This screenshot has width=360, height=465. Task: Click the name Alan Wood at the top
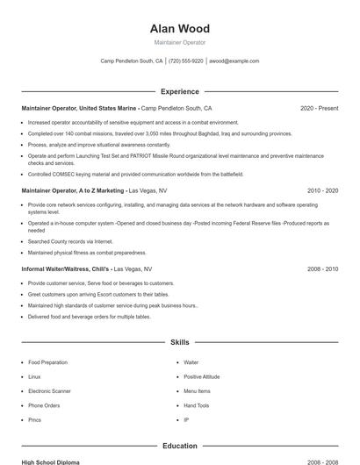pos(180,29)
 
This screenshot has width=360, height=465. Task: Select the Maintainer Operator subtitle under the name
pos(180,42)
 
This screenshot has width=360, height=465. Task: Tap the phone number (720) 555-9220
pos(186,61)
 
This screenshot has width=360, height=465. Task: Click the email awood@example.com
pos(234,61)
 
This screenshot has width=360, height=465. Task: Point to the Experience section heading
pos(180,91)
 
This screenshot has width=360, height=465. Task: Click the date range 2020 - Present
pos(319,109)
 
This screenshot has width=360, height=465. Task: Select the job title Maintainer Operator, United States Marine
pos(79,109)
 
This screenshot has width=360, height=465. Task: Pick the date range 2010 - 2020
pos(322,190)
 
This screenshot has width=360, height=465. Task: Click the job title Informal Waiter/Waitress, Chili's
pos(65,269)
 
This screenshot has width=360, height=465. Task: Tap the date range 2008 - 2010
pos(322,269)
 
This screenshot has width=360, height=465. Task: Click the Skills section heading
pos(180,342)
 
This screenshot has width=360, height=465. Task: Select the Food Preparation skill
pos(47,362)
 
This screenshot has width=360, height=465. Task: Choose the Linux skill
pos(34,376)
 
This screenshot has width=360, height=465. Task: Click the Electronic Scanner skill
pos(49,391)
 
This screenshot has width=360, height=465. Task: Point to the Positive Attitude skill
pos(202,376)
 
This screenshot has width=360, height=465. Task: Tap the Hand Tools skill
pos(197,405)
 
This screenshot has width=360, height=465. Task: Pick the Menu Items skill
pos(197,391)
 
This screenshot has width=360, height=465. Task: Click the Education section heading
pos(180,446)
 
